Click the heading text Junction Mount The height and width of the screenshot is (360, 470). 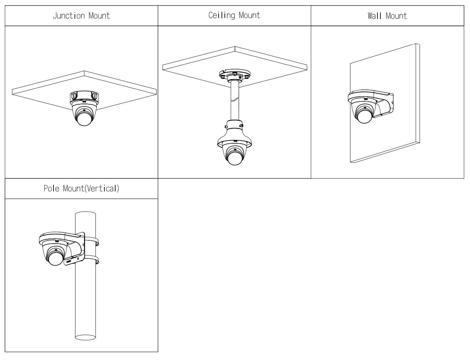81,16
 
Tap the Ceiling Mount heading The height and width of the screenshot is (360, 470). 234,15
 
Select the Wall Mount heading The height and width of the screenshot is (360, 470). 387,16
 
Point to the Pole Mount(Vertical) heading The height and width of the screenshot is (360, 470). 81,189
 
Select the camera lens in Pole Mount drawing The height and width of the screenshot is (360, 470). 54,258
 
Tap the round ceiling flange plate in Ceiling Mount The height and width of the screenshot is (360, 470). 234,74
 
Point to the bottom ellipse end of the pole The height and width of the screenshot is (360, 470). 85,337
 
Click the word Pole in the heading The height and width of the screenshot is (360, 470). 51,189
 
